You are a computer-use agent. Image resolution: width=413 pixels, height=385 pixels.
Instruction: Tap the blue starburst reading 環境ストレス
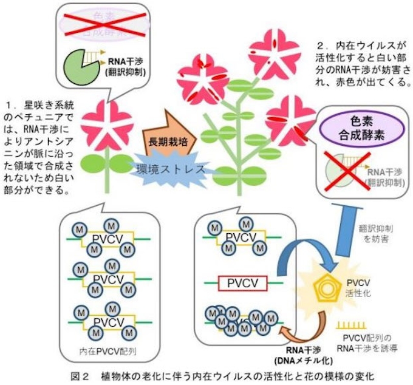[169, 168]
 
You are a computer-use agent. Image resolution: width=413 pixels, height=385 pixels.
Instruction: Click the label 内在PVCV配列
[104, 350]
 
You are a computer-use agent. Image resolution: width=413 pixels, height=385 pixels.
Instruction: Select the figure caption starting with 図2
[206, 374]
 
